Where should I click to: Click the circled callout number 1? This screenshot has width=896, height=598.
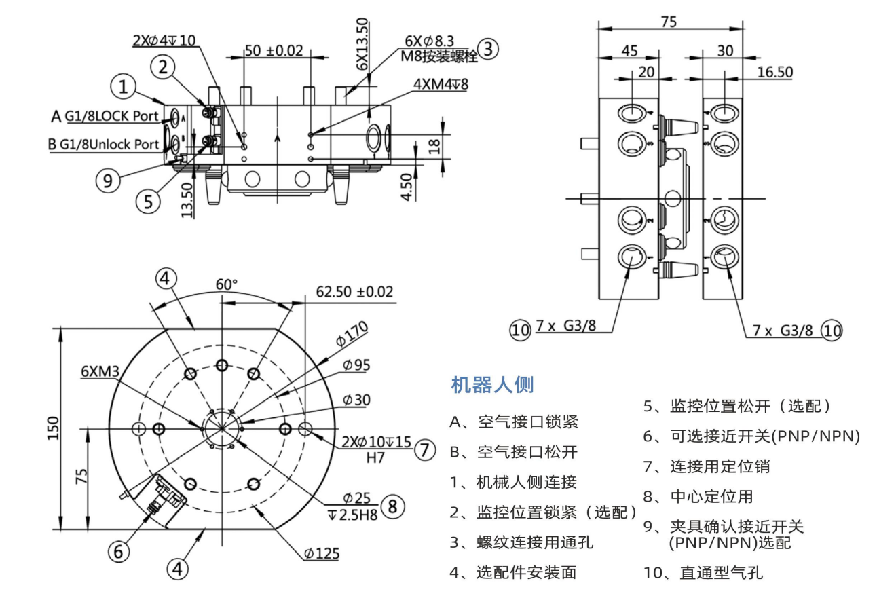(124, 87)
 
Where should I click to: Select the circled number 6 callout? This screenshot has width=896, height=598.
(119, 552)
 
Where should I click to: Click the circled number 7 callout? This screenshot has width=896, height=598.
(424, 450)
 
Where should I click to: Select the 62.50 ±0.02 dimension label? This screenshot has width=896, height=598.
(354, 292)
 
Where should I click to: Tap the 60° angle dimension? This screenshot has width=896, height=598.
(226, 284)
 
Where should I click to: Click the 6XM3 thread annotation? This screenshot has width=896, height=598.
(100, 371)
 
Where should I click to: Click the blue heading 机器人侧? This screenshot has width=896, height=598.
(492, 385)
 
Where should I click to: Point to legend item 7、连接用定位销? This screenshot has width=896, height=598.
(707, 466)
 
